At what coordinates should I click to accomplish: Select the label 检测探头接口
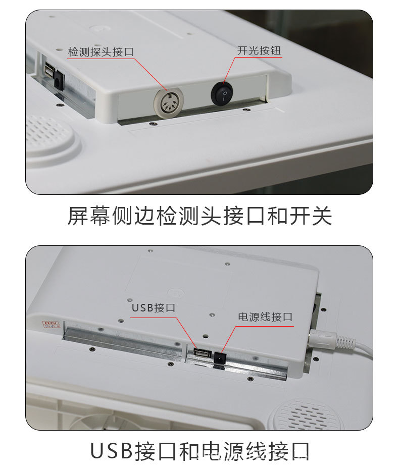pos(101,52)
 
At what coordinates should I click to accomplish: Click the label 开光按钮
pos(259,51)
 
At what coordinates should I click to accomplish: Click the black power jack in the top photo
pos(60,81)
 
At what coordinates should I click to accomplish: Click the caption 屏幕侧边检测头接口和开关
pos(199,216)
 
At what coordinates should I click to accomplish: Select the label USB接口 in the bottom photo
pos(154,307)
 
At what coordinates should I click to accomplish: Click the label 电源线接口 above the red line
pos(265,317)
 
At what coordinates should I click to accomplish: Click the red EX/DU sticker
pos(49,323)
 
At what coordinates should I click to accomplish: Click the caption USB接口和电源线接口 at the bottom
pos(199,451)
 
